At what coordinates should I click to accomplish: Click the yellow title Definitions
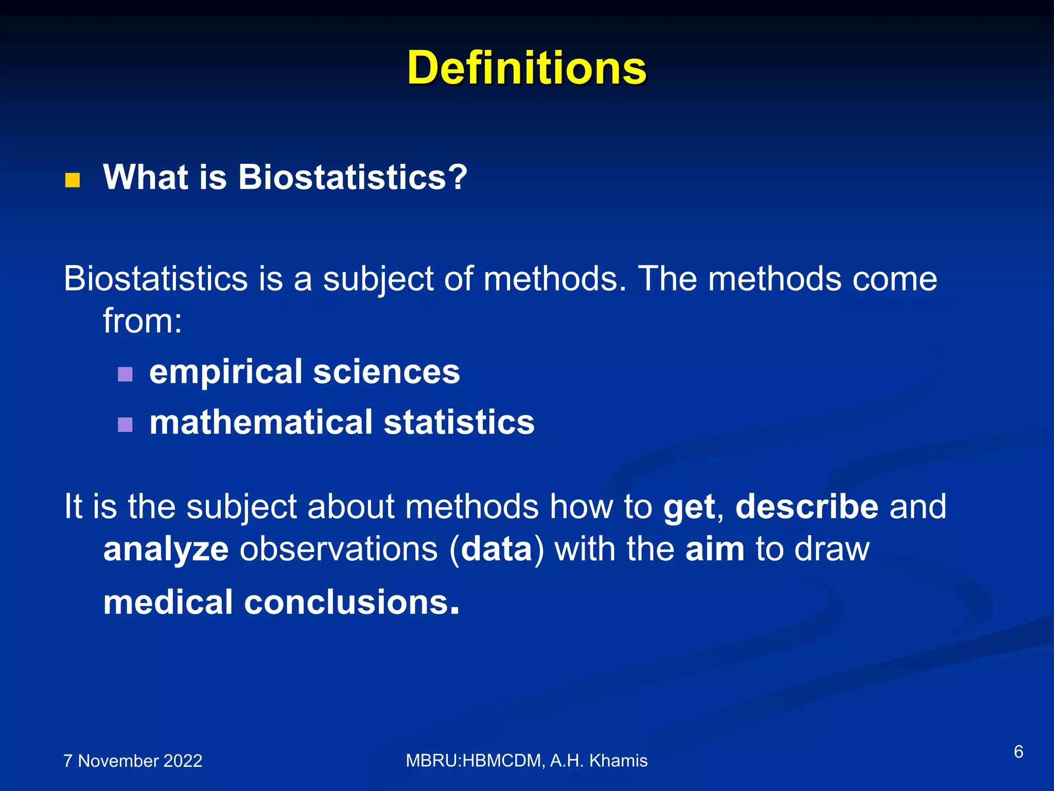tap(526, 68)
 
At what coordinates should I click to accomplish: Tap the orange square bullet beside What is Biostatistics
tap(73, 180)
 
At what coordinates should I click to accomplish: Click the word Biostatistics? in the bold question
tap(353, 177)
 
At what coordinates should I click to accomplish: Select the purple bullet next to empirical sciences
tap(125, 374)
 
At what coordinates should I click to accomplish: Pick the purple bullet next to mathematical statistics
tap(125, 424)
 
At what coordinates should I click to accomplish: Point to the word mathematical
tap(260, 422)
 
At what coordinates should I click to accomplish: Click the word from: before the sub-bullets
tap(143, 321)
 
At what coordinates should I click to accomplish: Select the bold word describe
tap(806, 507)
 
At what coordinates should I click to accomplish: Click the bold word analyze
tap(166, 549)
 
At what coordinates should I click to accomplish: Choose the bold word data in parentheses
tap(496, 549)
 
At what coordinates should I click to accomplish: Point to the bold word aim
tap(714, 549)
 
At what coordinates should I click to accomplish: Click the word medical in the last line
tap(168, 602)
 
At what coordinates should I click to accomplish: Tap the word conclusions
tap(346, 602)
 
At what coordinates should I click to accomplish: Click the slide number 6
tap(1018, 752)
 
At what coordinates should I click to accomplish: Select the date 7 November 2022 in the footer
tap(133, 761)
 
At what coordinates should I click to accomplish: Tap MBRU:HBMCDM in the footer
tap(473, 761)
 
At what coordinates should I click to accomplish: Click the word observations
tap(339, 549)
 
